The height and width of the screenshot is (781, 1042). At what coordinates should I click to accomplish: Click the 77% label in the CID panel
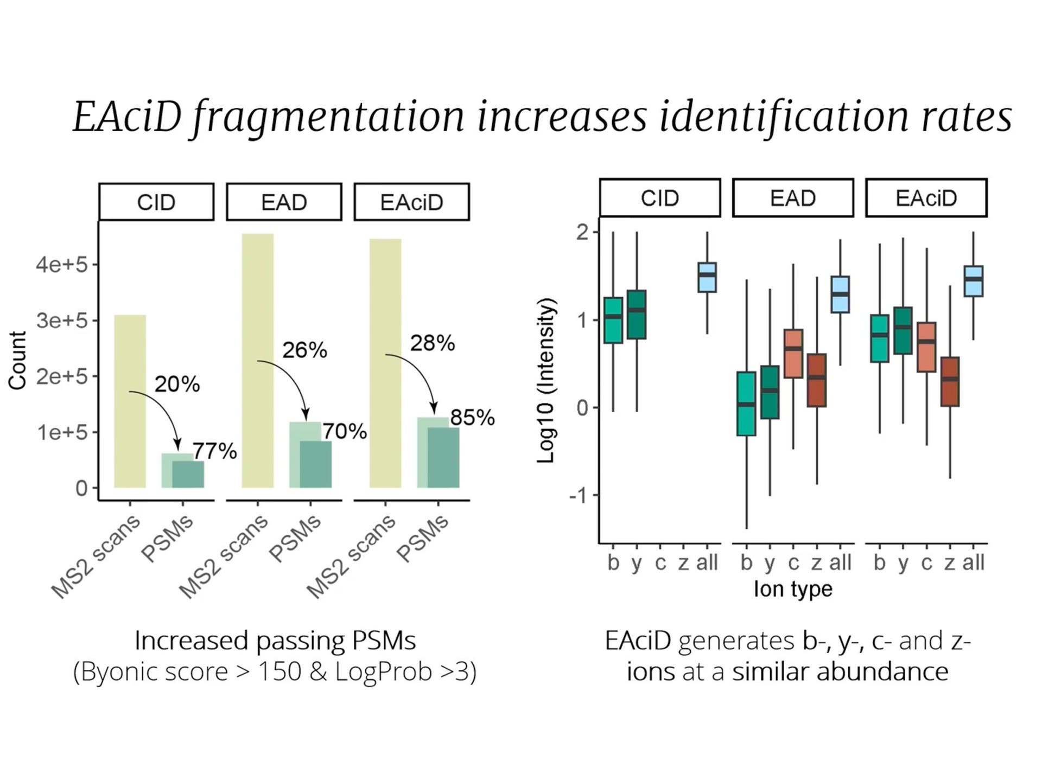[x=215, y=451]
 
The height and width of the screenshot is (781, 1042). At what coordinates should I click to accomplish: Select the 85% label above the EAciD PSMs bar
[x=472, y=418]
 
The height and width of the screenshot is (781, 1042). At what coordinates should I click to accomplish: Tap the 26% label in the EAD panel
[x=304, y=350]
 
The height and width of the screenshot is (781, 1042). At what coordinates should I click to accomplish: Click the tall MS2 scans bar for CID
[x=130, y=401]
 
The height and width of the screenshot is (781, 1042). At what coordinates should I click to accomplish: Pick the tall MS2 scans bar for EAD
[x=258, y=361]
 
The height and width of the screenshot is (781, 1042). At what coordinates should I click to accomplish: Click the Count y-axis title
[x=17, y=360]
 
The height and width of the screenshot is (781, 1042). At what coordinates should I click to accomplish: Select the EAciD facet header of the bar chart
[x=411, y=202]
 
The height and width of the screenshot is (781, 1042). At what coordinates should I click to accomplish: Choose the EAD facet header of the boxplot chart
[x=793, y=198]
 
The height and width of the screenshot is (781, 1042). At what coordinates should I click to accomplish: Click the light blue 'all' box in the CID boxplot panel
[x=707, y=278]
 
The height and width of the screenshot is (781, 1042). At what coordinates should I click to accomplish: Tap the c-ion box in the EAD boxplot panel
[x=793, y=354]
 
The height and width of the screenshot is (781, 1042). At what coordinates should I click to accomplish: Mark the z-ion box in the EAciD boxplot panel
[x=950, y=381]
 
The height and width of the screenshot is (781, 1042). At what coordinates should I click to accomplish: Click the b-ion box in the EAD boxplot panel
[x=746, y=404]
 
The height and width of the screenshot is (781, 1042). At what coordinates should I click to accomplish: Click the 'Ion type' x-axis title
[x=793, y=589]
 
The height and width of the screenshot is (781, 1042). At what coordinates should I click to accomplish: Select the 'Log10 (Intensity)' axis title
[x=546, y=380]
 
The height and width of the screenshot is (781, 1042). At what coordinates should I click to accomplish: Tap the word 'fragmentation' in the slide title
[x=329, y=117]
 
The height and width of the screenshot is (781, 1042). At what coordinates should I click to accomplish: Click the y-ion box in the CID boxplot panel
[x=637, y=315]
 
